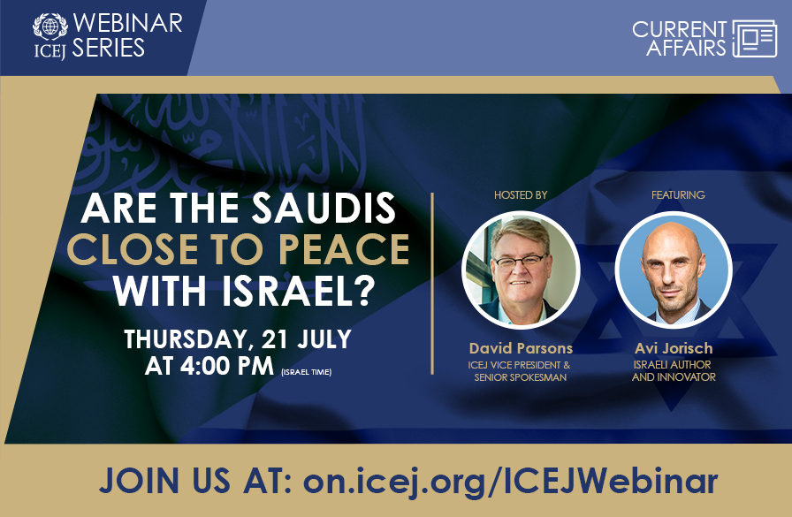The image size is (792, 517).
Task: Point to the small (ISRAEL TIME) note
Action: (306, 371)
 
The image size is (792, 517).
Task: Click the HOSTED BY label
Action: (519, 194)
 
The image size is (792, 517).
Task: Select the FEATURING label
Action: (678, 194)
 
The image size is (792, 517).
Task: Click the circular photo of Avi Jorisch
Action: (674, 270)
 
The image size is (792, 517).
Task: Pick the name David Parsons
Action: (521, 349)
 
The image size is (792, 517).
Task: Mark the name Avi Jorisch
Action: (674, 349)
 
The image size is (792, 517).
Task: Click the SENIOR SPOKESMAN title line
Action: (521, 377)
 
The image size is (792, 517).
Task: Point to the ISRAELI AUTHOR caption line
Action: (672, 364)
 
